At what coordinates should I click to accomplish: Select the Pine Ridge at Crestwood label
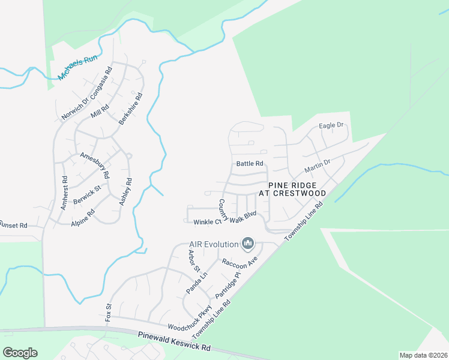click(292, 189)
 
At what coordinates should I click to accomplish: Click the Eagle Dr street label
click(331, 125)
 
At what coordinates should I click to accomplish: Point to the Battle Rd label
click(250, 163)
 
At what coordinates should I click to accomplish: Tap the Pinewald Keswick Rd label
click(174, 343)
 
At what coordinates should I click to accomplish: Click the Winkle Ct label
click(207, 222)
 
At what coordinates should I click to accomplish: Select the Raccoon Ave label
click(239, 262)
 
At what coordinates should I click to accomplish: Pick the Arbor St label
click(193, 262)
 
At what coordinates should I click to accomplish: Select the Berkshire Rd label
click(130, 108)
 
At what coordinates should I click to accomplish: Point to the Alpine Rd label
click(83, 217)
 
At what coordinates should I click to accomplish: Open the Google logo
click(20, 353)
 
